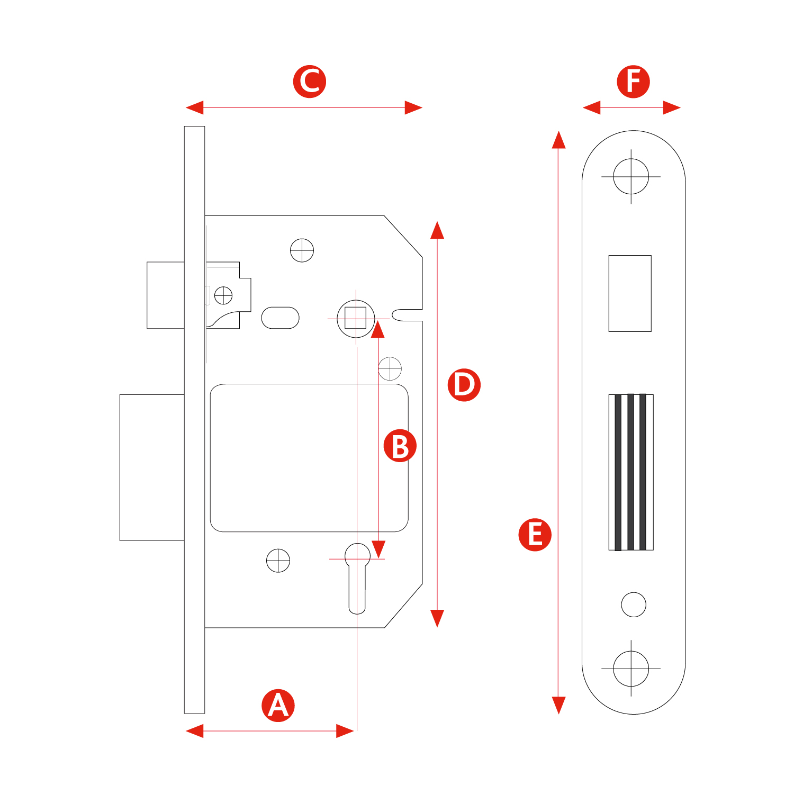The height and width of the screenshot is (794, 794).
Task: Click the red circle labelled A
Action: (278, 705)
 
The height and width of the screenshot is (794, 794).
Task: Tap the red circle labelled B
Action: (400, 445)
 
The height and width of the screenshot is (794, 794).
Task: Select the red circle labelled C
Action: (309, 82)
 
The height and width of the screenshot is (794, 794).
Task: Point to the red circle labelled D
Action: (464, 385)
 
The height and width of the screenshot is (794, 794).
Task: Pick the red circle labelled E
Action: (535, 535)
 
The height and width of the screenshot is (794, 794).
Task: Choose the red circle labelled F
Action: (633, 82)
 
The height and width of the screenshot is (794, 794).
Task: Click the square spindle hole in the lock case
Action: (356, 319)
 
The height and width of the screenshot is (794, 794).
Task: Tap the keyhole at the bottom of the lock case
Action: (357, 577)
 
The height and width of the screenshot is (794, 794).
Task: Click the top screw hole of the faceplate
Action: (631, 176)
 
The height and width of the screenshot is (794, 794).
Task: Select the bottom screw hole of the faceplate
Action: (631, 669)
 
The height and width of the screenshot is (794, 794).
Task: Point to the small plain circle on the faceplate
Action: (634, 604)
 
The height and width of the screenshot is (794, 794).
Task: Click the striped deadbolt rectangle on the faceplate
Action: (631, 472)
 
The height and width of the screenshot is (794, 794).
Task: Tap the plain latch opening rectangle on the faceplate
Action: (630, 293)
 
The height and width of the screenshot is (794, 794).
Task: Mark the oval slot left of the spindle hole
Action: (280, 318)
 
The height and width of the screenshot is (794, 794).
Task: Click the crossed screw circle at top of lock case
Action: (302, 250)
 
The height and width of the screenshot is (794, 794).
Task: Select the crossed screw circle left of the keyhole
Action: (278, 561)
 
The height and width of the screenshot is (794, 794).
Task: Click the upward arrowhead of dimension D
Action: (437, 231)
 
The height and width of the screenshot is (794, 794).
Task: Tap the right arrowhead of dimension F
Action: (671, 107)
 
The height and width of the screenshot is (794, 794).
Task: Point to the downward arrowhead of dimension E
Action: (558, 705)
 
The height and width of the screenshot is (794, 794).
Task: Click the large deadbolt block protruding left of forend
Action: (152, 467)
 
